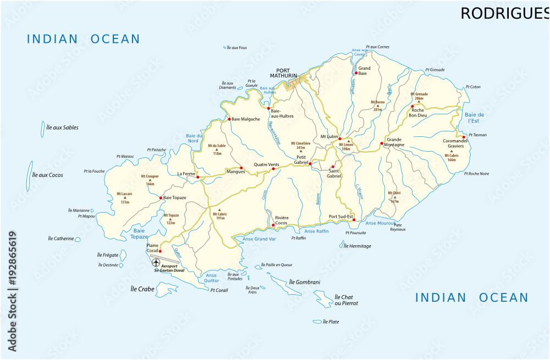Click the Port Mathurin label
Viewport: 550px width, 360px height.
pyautogui.click(x=283, y=73)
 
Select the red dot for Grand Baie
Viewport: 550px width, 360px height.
pyautogui.click(x=356, y=73)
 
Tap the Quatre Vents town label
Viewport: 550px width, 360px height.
pyautogui.click(x=266, y=165)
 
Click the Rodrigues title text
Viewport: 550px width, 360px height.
pyautogui.click(x=504, y=13)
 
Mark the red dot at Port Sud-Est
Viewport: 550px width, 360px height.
pyautogui.click(x=354, y=220)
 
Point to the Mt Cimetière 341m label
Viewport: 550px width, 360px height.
pyautogui.click(x=300, y=145)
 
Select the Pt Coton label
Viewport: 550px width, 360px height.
pyautogui.click(x=472, y=87)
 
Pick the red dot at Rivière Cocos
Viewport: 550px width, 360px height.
pyautogui.click(x=273, y=225)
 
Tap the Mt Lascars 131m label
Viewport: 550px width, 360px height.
pyautogui.click(x=124, y=198)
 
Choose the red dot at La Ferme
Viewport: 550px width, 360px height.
pyautogui.click(x=198, y=178)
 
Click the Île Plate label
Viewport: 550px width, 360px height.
pyautogui.click(x=331, y=322)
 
